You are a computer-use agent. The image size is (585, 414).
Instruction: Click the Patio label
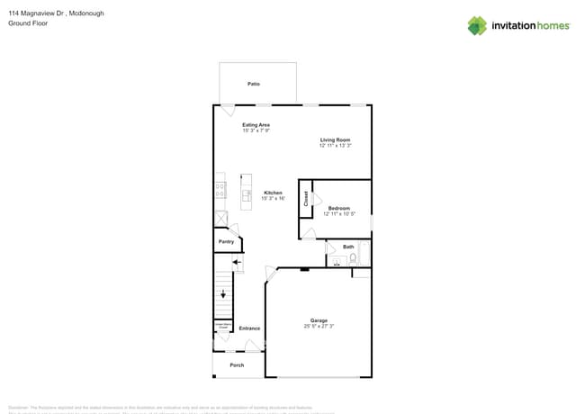[x=254, y=84]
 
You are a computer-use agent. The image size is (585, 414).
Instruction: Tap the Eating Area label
[x=256, y=125]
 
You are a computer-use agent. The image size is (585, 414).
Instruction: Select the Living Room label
[x=335, y=139]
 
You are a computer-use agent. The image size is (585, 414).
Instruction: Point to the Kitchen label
[x=273, y=193]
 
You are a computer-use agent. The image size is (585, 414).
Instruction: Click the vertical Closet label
[x=306, y=200]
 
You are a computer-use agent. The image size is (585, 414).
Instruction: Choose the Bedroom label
[x=338, y=208]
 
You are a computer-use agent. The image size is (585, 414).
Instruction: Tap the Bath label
[x=348, y=247]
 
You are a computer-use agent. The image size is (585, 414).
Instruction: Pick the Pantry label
[x=227, y=241]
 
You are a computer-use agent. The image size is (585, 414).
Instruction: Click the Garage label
[x=319, y=320]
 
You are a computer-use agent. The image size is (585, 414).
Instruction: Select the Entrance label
[x=249, y=328]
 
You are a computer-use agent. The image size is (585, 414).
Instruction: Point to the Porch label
[x=237, y=364]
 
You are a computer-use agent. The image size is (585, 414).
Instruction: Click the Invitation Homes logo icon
[x=477, y=25]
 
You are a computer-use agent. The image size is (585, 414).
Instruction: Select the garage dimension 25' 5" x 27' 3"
[x=319, y=327]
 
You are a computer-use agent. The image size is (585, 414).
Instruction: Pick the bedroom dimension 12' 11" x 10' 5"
[x=338, y=214]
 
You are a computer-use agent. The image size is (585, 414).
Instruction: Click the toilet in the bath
[x=353, y=259]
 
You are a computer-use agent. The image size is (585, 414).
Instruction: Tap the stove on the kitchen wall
[x=220, y=190]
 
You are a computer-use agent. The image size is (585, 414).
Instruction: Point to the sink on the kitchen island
[x=247, y=193]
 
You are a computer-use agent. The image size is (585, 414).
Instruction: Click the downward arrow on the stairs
[x=224, y=293]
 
